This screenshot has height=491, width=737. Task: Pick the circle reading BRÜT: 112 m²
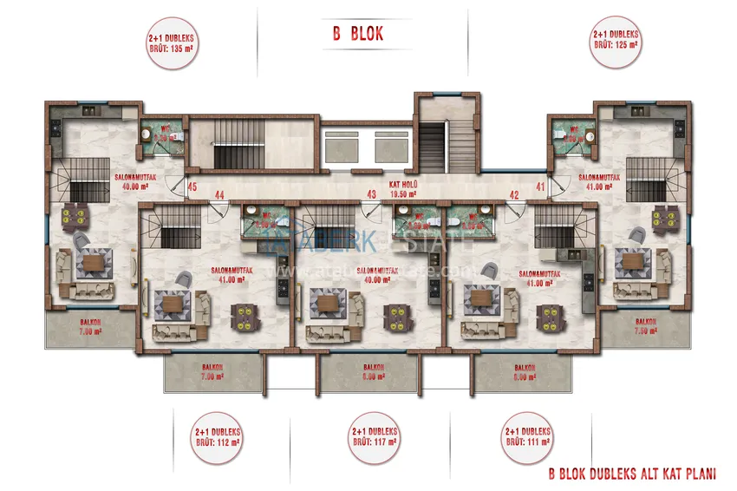[218, 436]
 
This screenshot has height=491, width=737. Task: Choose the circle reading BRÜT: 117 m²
[375, 436]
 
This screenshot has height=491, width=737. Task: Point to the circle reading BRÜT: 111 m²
[527, 436]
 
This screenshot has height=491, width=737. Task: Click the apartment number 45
[192, 187]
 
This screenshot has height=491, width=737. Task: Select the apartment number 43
[371, 194]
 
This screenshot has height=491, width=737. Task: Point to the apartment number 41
[540, 187]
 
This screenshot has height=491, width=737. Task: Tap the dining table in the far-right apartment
[666, 213]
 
